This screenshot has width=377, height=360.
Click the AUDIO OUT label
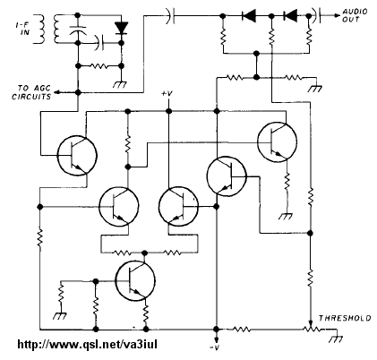tap(355, 15)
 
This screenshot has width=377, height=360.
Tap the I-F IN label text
tap(24, 29)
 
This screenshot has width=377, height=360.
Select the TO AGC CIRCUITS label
tap(31, 92)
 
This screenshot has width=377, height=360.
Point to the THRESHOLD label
tap(345, 318)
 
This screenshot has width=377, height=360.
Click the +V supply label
tap(167, 93)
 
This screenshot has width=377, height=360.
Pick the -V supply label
tap(215, 348)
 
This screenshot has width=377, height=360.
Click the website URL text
tap(87, 345)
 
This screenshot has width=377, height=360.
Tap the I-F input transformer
tap(47, 29)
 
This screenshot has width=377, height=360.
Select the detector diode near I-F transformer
tap(121, 28)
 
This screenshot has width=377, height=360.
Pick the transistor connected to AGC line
tap(77, 155)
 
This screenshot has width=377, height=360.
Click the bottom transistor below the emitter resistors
tap(135, 280)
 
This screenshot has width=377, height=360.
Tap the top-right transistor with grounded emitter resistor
tap(277, 142)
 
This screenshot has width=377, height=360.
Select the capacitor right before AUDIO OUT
tap(316, 15)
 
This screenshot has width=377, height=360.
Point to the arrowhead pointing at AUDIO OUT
tap(337, 15)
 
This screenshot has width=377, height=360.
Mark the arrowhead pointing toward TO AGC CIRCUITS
tap(57, 92)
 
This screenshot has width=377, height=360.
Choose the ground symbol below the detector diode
tap(120, 84)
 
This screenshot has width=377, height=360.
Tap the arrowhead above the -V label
tap(217, 339)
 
